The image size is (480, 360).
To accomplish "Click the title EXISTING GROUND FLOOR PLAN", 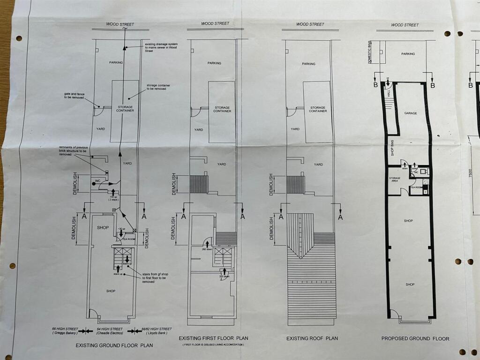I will [114, 345].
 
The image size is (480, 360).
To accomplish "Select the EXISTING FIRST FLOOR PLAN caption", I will [213, 338].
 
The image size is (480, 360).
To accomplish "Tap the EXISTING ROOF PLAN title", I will [312, 338].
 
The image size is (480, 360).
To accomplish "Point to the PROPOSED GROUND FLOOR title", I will [415, 338].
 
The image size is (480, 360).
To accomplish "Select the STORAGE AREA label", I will [394, 180].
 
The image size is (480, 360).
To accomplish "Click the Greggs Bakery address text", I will [64, 330].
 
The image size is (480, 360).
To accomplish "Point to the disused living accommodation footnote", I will [213, 345].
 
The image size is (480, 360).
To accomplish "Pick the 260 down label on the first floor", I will [207, 249].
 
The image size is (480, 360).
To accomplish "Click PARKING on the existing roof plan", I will [308, 64].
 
